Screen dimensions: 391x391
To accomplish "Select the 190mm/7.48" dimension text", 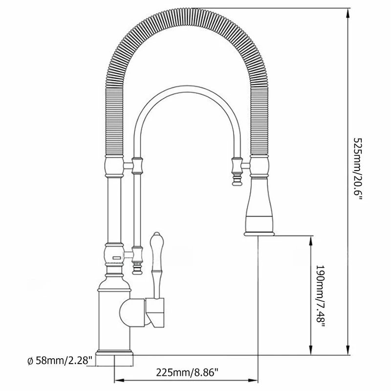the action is [x=321, y=296].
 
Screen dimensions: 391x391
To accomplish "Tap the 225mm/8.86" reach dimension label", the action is [x=187, y=372].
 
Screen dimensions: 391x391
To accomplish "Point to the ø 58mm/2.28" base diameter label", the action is [x=60, y=360].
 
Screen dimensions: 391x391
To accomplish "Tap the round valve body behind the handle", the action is [x=132, y=313].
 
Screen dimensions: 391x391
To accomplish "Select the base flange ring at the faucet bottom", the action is [x=114, y=352].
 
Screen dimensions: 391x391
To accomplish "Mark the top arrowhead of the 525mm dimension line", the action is [x=348, y=13].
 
